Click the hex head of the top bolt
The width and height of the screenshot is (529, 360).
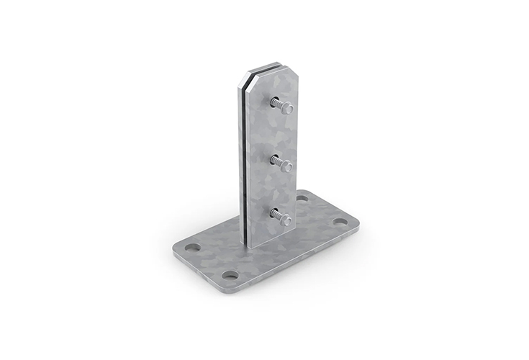point(286,109)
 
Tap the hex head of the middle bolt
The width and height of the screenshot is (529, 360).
point(286,166)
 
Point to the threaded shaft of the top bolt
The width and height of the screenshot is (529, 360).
point(277,104)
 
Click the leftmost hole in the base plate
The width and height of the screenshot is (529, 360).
point(192,247)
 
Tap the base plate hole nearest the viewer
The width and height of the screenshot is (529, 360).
point(230,274)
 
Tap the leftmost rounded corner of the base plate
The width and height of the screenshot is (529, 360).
point(173,249)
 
